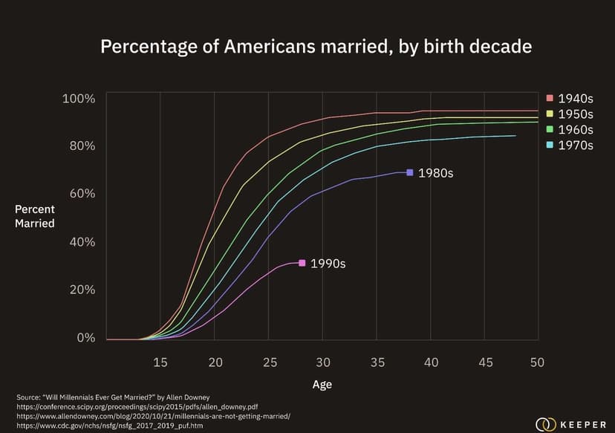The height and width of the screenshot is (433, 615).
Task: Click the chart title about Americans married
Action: pos(316,46)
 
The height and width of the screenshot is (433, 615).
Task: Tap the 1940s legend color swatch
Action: pos(549,98)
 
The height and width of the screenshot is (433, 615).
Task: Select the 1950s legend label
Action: pos(576,114)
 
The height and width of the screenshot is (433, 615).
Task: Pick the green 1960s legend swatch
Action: pos(549,130)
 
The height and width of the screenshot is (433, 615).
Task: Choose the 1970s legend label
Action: pos(576,146)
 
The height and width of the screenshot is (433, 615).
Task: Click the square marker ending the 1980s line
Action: pos(410,172)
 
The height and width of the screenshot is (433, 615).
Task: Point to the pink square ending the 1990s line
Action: pos(302,263)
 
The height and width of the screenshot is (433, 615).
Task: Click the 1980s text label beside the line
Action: pos(435,173)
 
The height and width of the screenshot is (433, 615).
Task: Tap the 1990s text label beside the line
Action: pos(328,264)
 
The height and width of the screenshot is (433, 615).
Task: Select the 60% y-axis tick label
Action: pos(80,194)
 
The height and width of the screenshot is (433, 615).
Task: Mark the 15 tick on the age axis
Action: pos(160,362)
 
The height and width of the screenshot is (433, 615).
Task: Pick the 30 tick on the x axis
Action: pos(322,362)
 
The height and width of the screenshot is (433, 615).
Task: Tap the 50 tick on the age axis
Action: pos(537,362)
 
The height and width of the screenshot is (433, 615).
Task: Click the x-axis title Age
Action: pos(322,385)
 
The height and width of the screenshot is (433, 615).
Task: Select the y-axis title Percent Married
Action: pos(35,216)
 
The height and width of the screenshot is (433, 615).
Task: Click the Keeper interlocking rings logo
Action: pos(546,424)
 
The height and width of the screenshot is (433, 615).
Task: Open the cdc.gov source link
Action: pos(109,426)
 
